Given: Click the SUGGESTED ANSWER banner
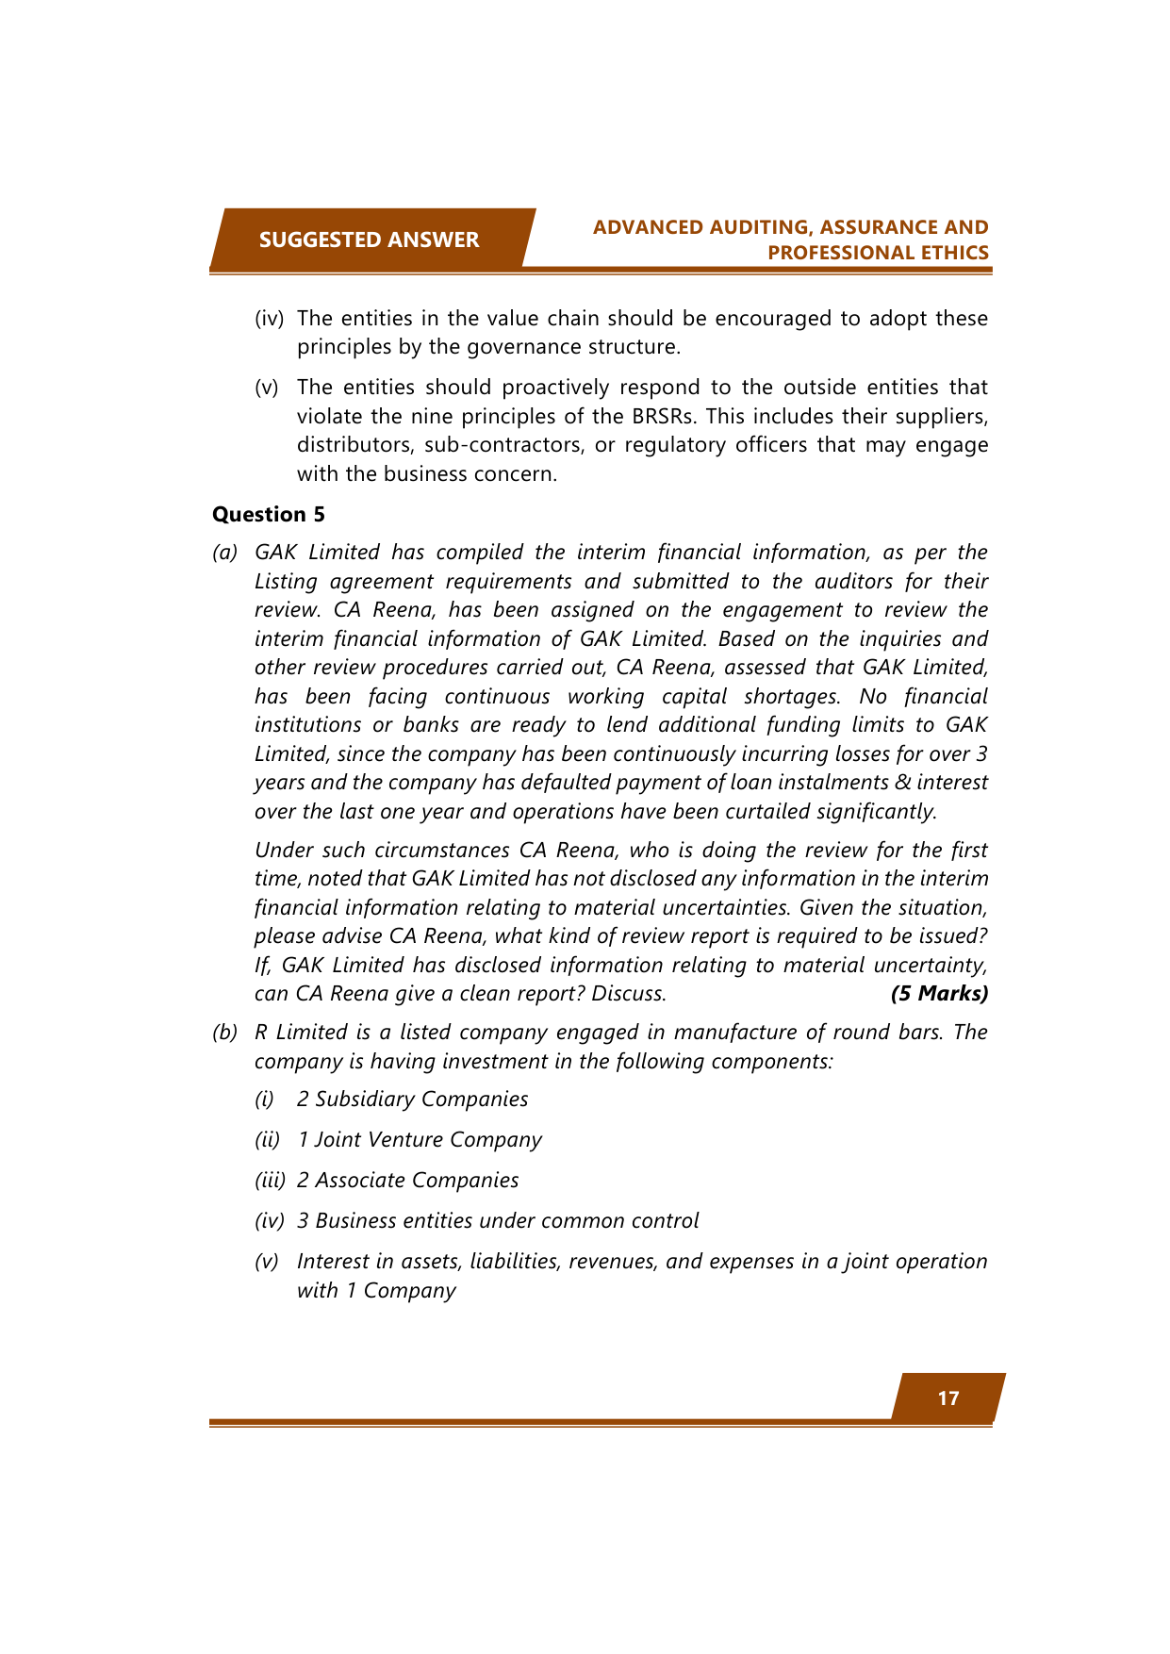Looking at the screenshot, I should coord(369,240).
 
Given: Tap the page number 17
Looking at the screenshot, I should coord(948,1398).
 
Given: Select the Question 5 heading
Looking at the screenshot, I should coord(269,514).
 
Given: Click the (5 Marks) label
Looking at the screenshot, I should coord(939,993).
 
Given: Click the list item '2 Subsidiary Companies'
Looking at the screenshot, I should coord(412,1099).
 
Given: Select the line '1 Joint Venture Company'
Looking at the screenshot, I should coord(419,1139).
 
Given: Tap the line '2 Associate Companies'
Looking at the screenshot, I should coord(407,1180).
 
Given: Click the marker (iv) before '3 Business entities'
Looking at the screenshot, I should coord(269,1220).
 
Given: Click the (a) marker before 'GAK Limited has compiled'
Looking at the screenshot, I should coord(224,552).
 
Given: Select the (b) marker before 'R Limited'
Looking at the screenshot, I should coord(224,1032).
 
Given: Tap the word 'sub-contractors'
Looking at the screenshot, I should coord(503,444).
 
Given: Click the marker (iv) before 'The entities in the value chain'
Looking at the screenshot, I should coord(269,318).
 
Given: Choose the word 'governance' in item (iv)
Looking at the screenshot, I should coord(492,346).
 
